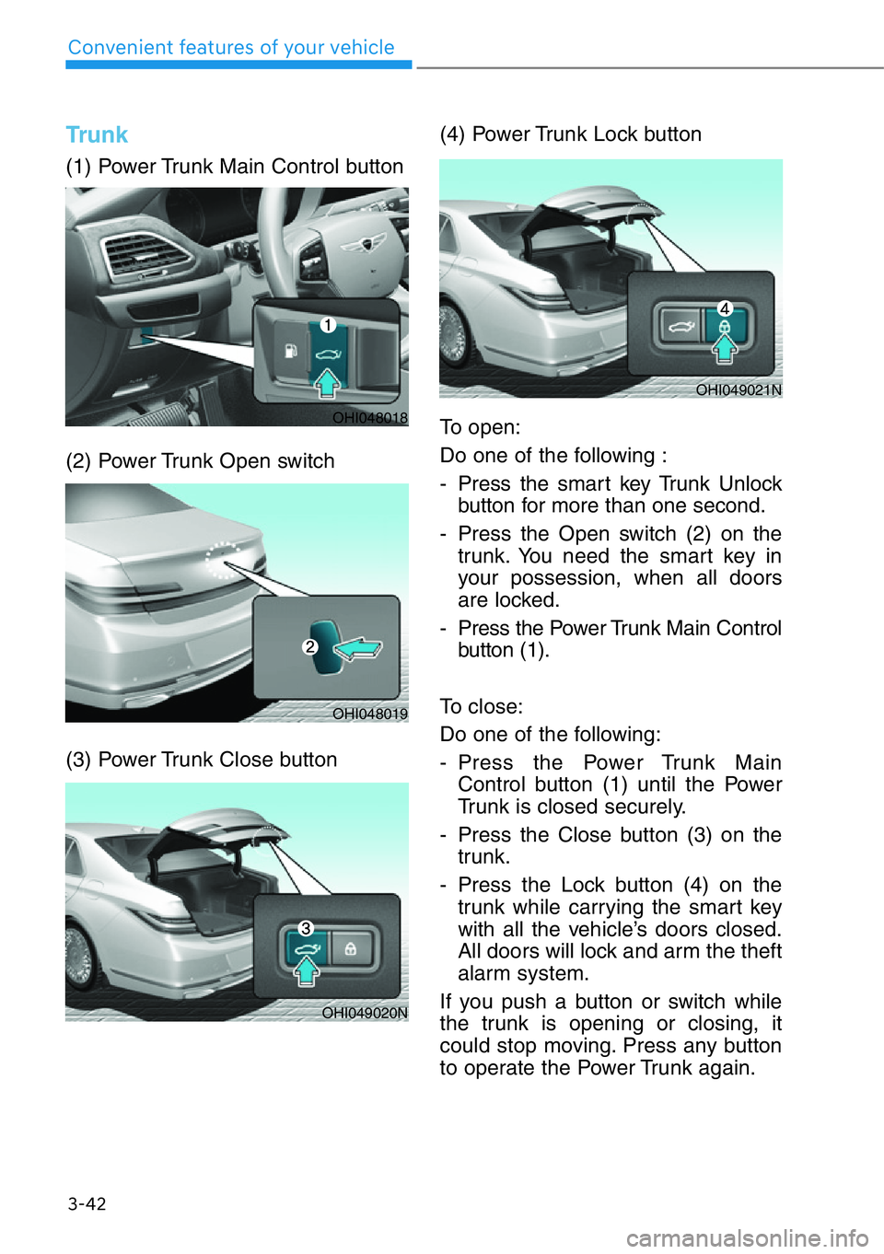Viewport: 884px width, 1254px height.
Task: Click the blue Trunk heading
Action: pos(97,135)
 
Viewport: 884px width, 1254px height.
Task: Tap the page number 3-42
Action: pos(87,1203)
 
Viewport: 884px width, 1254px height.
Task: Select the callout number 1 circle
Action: pos(327,324)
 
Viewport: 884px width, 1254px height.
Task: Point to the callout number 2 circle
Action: pos(310,646)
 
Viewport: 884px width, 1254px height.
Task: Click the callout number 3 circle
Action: pos(306,928)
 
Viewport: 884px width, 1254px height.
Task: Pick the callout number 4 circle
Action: pos(725,308)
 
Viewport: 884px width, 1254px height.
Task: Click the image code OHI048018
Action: pos(369,418)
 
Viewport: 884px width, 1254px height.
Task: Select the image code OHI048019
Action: pos(369,714)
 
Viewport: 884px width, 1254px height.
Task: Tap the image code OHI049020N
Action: pos(365,1013)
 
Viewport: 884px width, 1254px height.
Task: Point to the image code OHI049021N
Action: pos(739,390)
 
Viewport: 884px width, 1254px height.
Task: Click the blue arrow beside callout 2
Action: pos(358,649)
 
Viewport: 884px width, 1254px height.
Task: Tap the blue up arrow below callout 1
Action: pos(327,381)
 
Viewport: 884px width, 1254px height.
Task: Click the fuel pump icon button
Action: pos(291,351)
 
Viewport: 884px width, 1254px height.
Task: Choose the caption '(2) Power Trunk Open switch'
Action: pos(200,461)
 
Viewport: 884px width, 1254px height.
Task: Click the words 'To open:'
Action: pos(480,427)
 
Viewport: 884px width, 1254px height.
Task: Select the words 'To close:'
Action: pos(481,707)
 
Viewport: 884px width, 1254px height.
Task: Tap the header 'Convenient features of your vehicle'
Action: pos(231,48)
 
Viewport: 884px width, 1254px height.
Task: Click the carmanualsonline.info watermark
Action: pos(747,1237)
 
